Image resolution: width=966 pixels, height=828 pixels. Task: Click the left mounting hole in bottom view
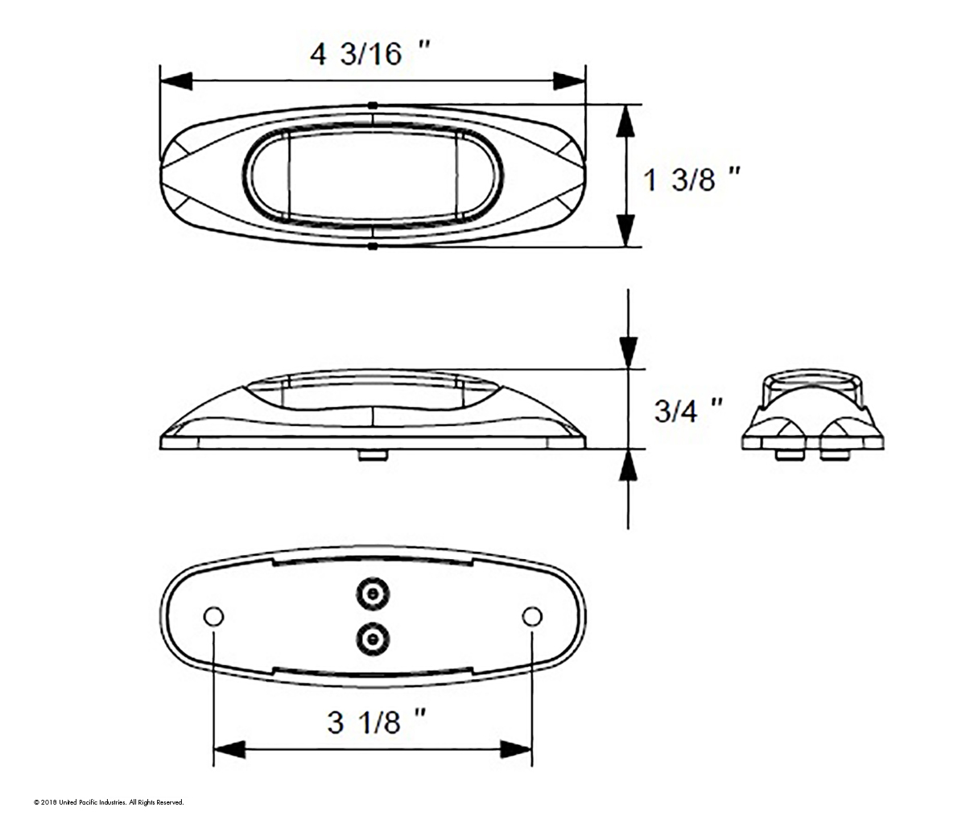click(x=213, y=617)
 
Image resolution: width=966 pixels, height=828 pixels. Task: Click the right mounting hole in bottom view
click(x=531, y=617)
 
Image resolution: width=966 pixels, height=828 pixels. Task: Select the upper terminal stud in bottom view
click(x=372, y=594)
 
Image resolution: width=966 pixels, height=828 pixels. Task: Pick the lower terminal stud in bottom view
click(x=372, y=640)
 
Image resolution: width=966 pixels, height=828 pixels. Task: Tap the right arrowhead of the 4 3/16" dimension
click(x=569, y=81)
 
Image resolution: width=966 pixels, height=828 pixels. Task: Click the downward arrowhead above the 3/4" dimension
click(x=628, y=352)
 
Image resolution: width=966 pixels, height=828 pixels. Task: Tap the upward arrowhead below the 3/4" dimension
click(x=628, y=466)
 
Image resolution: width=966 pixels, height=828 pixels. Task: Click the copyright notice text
click(x=109, y=802)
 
